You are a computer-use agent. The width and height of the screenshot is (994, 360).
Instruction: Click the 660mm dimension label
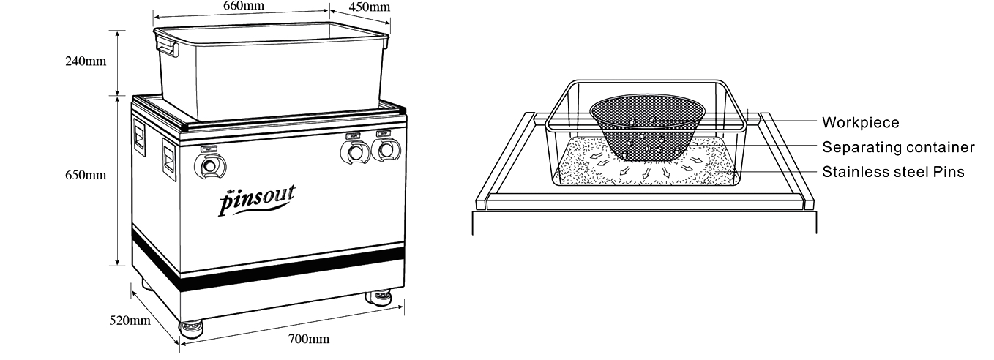[x=243, y=6]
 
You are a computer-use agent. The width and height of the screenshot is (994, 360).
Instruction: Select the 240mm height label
[x=86, y=61]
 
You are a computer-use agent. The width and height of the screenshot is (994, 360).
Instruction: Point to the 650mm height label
[x=86, y=175]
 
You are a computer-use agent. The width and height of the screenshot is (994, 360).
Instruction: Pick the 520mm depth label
[x=130, y=320]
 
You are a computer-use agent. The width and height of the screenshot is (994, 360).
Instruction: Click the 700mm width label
[x=308, y=339]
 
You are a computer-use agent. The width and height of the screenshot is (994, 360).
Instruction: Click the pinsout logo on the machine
[x=257, y=198]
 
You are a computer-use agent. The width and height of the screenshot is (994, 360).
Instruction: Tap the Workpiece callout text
[x=860, y=123]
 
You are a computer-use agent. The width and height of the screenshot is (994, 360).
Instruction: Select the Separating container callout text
[x=897, y=148]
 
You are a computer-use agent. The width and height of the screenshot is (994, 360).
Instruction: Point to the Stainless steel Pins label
[x=892, y=173]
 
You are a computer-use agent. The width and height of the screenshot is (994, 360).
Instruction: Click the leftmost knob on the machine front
[x=210, y=167]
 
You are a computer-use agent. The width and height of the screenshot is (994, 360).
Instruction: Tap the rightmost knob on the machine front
[x=385, y=151]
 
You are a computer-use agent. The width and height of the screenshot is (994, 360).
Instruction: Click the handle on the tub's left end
[x=166, y=48]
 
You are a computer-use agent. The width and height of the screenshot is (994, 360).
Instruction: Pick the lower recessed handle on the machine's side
[x=168, y=159]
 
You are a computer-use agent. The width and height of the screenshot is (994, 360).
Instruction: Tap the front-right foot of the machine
[x=379, y=297]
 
